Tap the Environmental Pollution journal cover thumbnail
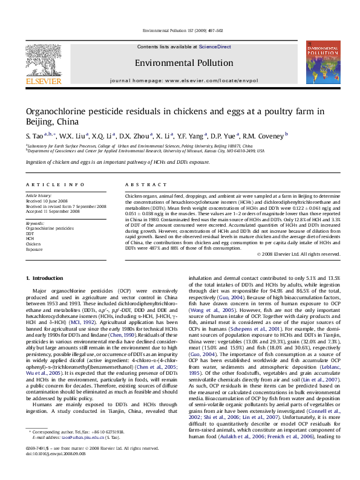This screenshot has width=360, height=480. (x=322, y=62)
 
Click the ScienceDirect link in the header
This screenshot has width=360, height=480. (x=215, y=47)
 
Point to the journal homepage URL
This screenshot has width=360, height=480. (x=210, y=80)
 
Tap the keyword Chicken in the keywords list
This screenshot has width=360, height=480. (x=33, y=244)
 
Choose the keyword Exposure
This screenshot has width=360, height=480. (x=34, y=249)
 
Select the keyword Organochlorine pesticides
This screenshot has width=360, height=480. (x=50, y=229)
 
